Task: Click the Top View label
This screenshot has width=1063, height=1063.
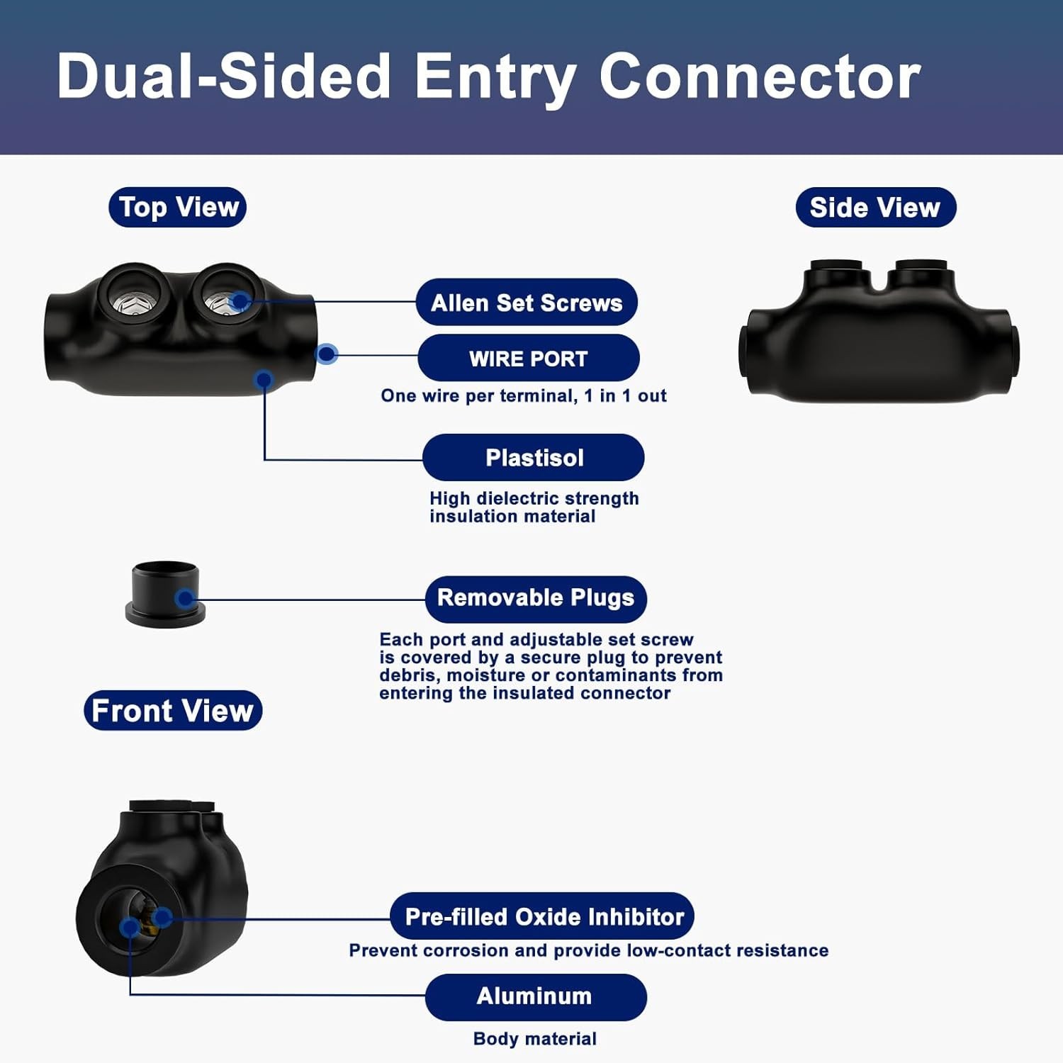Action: [x=177, y=207]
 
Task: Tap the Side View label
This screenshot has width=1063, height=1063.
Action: [x=876, y=207]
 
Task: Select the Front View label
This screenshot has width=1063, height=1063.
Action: [x=173, y=710]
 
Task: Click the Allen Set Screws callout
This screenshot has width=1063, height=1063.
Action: [x=527, y=303]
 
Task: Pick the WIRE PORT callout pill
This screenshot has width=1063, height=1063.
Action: [x=529, y=358]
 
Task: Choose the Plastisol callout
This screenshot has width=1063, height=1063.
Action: [x=534, y=458]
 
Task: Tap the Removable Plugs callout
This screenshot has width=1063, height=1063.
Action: [x=536, y=597]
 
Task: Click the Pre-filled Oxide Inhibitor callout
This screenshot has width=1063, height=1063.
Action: [x=542, y=916]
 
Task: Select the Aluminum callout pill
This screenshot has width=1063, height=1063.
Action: [x=536, y=996]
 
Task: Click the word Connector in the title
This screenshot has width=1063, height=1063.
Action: [x=760, y=77]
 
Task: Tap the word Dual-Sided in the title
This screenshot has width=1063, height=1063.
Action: [x=224, y=77]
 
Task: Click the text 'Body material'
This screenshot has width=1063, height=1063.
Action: [x=535, y=1039]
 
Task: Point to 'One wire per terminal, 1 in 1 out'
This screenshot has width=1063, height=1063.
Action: [x=524, y=395]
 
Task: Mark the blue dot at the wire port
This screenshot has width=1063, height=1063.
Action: [x=326, y=354]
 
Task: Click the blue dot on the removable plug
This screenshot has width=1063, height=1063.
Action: [x=186, y=599]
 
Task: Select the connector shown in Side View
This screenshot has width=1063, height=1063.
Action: [x=879, y=332]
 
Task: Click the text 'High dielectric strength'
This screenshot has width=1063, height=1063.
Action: [x=534, y=498]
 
